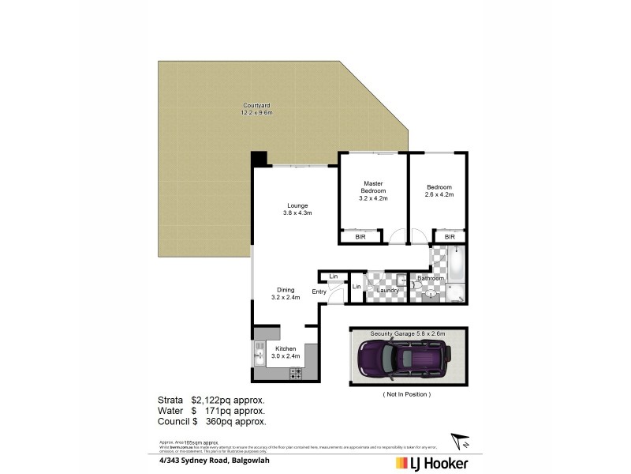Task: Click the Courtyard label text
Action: pyautogui.click(x=256, y=109)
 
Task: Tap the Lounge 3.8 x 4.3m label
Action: pyautogui.click(x=298, y=209)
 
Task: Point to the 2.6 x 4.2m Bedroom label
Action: pyautogui.click(x=439, y=190)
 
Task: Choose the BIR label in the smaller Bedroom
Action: pyautogui.click(x=450, y=236)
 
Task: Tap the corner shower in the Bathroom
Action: pyautogui.click(x=456, y=292)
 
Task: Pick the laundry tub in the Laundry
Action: pyautogui.click(x=401, y=280)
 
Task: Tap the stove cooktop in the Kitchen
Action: pyautogui.click(x=297, y=371)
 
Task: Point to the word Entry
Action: pyautogui.click(x=319, y=292)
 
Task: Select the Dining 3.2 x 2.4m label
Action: pyautogui.click(x=286, y=293)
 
